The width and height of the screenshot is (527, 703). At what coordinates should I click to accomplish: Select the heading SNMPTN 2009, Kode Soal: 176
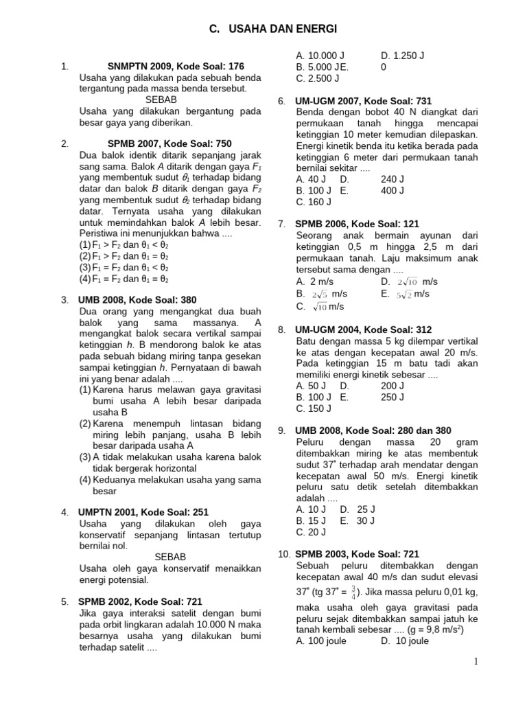click(176, 67)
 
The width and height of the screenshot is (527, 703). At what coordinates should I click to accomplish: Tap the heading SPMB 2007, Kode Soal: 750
click(169, 143)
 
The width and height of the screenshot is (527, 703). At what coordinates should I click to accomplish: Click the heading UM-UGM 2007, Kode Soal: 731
click(363, 101)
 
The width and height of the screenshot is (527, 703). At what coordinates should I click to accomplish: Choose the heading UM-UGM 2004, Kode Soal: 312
click(363, 330)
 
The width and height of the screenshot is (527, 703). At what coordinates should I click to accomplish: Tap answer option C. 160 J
click(314, 202)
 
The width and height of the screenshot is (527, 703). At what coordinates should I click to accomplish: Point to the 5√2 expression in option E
click(404, 294)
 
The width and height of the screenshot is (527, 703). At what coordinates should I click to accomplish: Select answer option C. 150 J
click(314, 408)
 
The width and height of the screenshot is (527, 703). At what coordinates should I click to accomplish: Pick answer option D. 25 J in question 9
click(357, 509)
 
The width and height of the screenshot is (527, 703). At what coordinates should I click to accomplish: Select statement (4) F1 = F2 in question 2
click(124, 279)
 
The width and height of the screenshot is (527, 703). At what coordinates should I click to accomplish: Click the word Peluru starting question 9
click(312, 443)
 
